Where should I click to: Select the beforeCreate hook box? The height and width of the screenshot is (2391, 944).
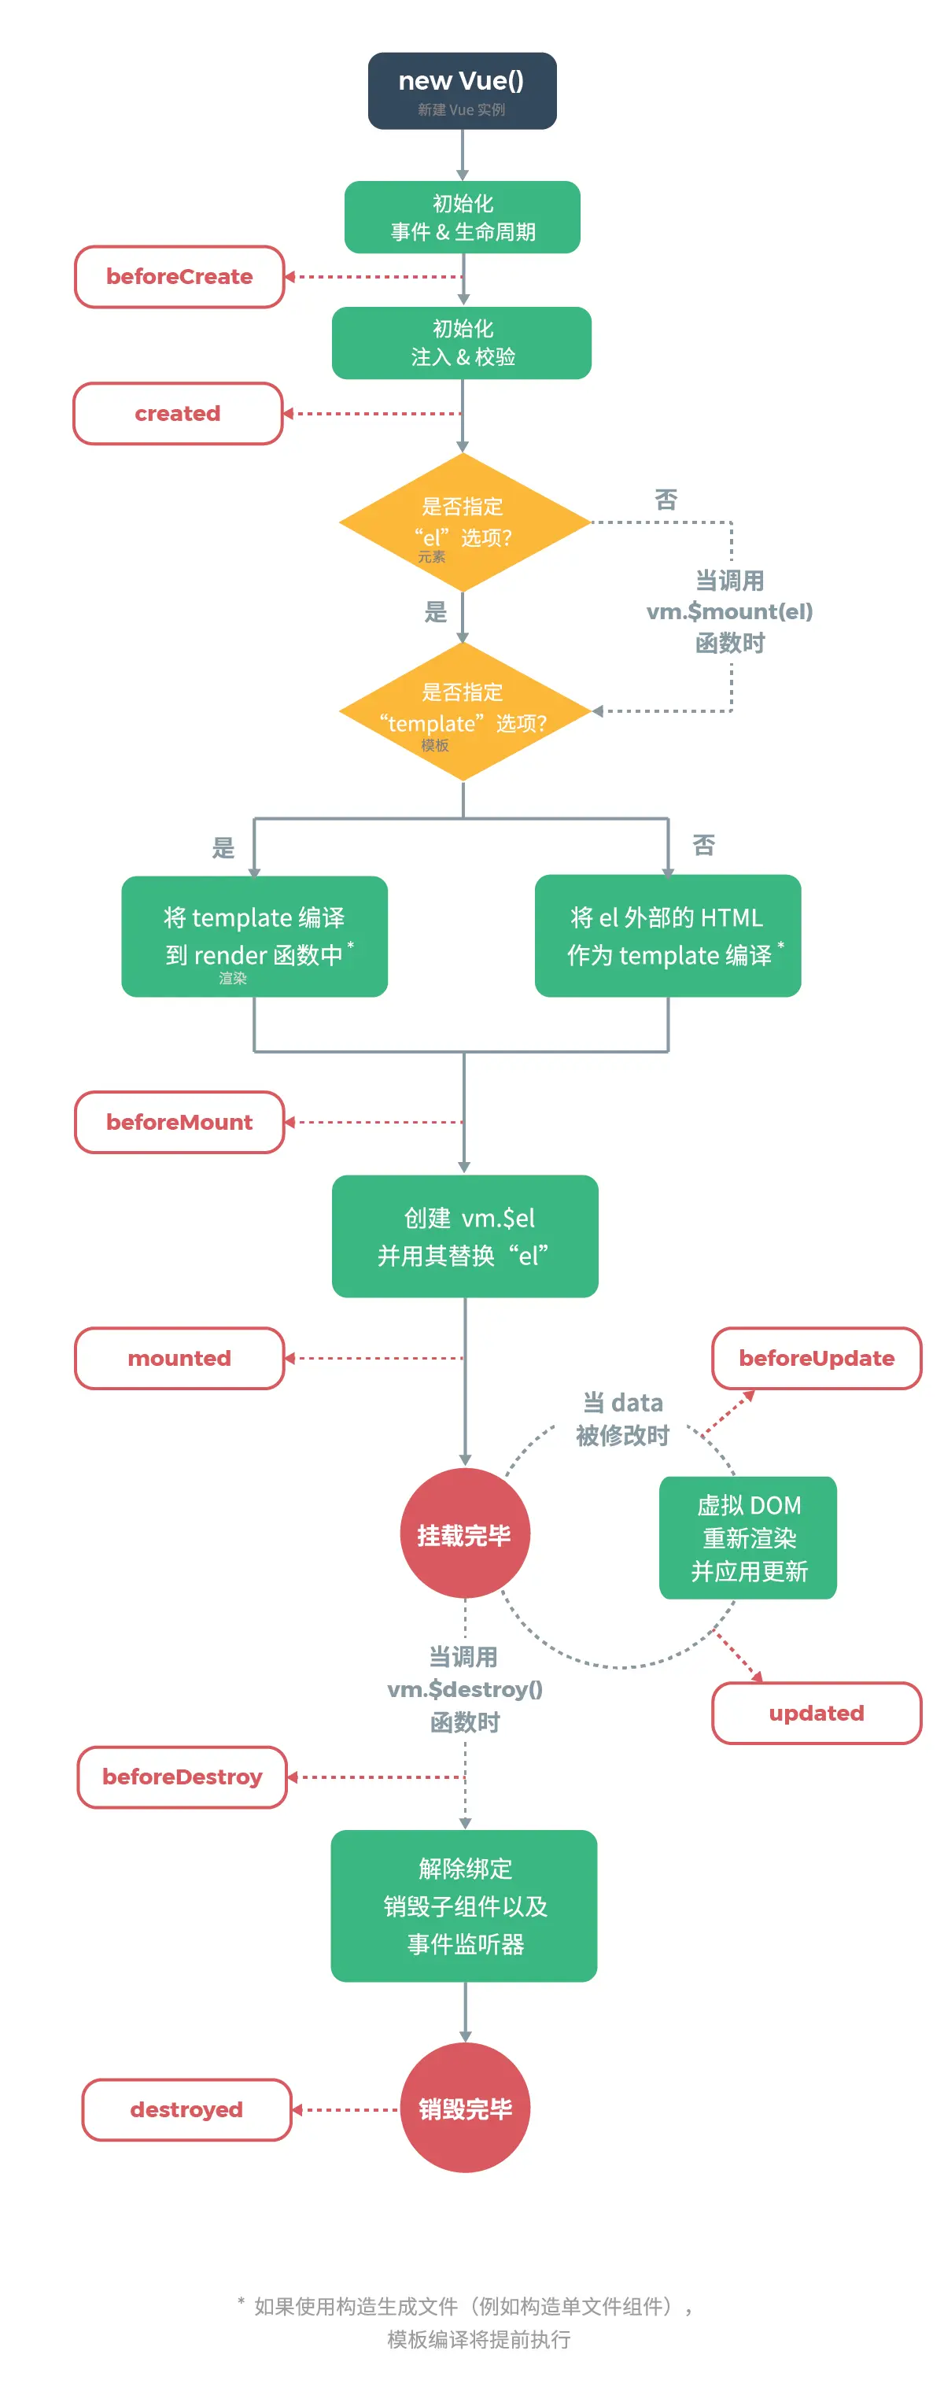click(x=179, y=277)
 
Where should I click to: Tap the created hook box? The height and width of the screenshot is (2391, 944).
click(x=177, y=413)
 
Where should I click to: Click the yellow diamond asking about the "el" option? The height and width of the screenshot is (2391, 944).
click(x=463, y=522)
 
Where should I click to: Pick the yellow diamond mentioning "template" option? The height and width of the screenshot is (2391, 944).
click(x=463, y=711)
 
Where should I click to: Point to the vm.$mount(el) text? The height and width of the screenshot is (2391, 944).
click(x=728, y=611)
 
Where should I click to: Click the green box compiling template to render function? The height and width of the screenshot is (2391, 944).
click(x=254, y=935)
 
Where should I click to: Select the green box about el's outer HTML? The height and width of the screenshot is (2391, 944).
click(x=667, y=935)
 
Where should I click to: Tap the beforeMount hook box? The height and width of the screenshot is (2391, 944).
click(x=179, y=1122)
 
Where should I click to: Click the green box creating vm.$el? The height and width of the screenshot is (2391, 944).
click(x=464, y=1236)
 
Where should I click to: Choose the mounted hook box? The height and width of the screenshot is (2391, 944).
click(x=179, y=1358)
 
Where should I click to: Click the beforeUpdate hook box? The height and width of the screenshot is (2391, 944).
click(x=816, y=1358)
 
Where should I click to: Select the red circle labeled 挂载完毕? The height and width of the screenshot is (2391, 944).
click(x=464, y=1533)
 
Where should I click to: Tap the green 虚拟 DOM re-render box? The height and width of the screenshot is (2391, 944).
click(x=747, y=1537)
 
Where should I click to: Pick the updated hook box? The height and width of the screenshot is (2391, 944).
click(x=816, y=1713)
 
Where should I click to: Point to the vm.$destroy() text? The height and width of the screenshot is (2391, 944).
click(x=464, y=1689)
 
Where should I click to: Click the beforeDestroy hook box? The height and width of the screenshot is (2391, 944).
click(x=182, y=1777)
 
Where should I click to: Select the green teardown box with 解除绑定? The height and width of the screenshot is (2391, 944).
click(x=464, y=1906)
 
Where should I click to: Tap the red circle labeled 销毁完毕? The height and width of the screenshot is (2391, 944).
click(x=464, y=2109)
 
